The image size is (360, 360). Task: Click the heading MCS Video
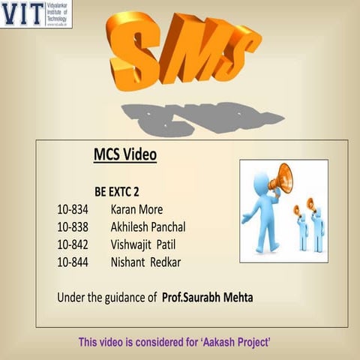(x=124, y=155)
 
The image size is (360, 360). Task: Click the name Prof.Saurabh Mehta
(x=208, y=298)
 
